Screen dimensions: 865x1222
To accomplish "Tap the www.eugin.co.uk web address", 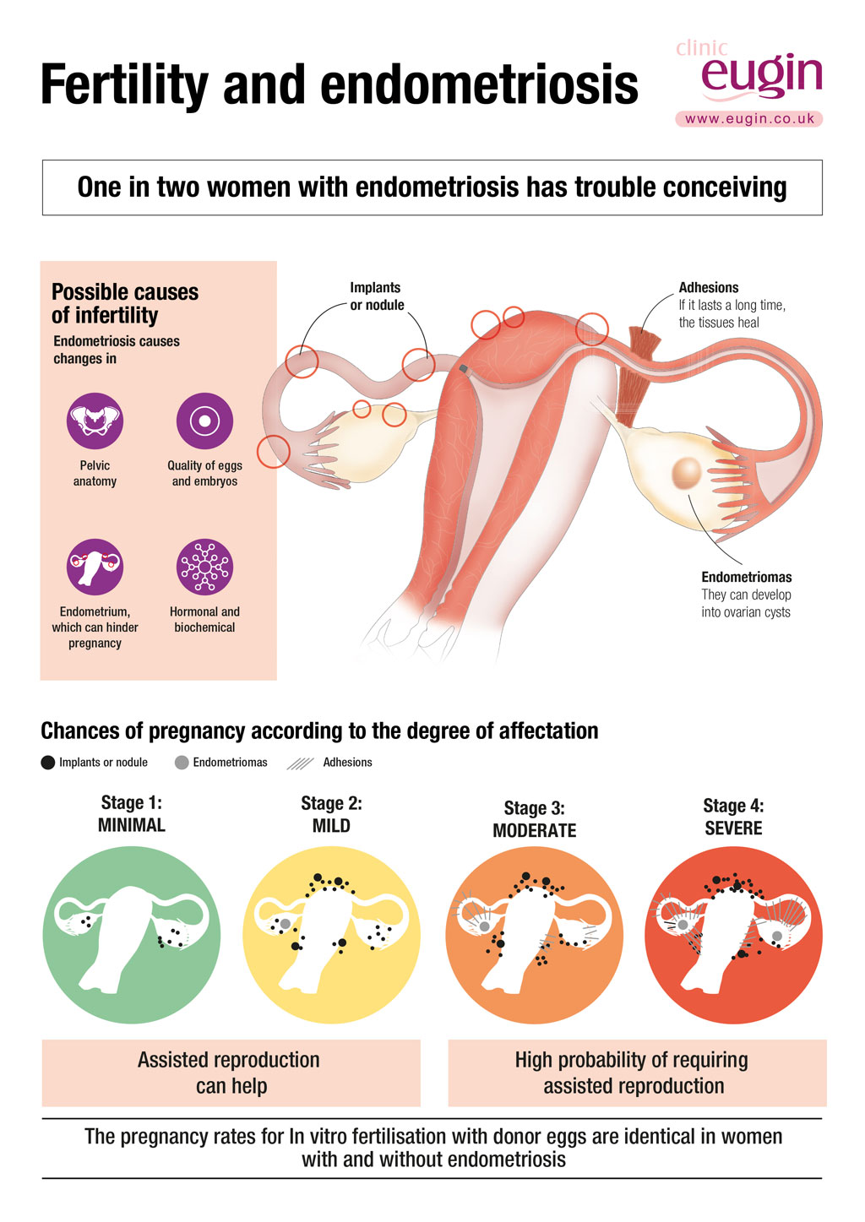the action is (749, 119).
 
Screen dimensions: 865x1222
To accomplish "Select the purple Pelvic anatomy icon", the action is (95, 421).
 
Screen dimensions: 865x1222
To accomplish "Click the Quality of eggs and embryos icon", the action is (204, 421).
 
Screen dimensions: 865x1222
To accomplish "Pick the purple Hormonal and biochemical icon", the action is (204, 567).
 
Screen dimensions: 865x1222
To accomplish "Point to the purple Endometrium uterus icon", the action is (95, 567).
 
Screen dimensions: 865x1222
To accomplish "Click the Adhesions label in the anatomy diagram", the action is (709, 288).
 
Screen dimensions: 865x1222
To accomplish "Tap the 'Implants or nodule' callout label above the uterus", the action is (377, 296).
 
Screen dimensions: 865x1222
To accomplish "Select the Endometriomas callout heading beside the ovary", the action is (746, 578).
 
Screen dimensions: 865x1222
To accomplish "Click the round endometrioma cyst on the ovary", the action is (687, 472).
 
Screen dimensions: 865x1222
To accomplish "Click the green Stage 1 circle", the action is (131, 935).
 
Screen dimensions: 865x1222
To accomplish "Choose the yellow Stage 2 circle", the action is (331, 935).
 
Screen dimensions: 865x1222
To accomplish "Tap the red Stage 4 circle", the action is (733, 935).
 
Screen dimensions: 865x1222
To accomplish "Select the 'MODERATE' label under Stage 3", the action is (534, 831).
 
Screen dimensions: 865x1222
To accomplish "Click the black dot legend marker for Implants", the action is (48, 763).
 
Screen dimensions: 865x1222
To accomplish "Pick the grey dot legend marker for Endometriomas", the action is (182, 763).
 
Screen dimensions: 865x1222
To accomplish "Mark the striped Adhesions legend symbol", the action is (300, 763).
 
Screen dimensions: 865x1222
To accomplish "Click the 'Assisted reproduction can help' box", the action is (231, 1073).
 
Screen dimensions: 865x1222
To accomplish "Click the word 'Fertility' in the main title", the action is (124, 85).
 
